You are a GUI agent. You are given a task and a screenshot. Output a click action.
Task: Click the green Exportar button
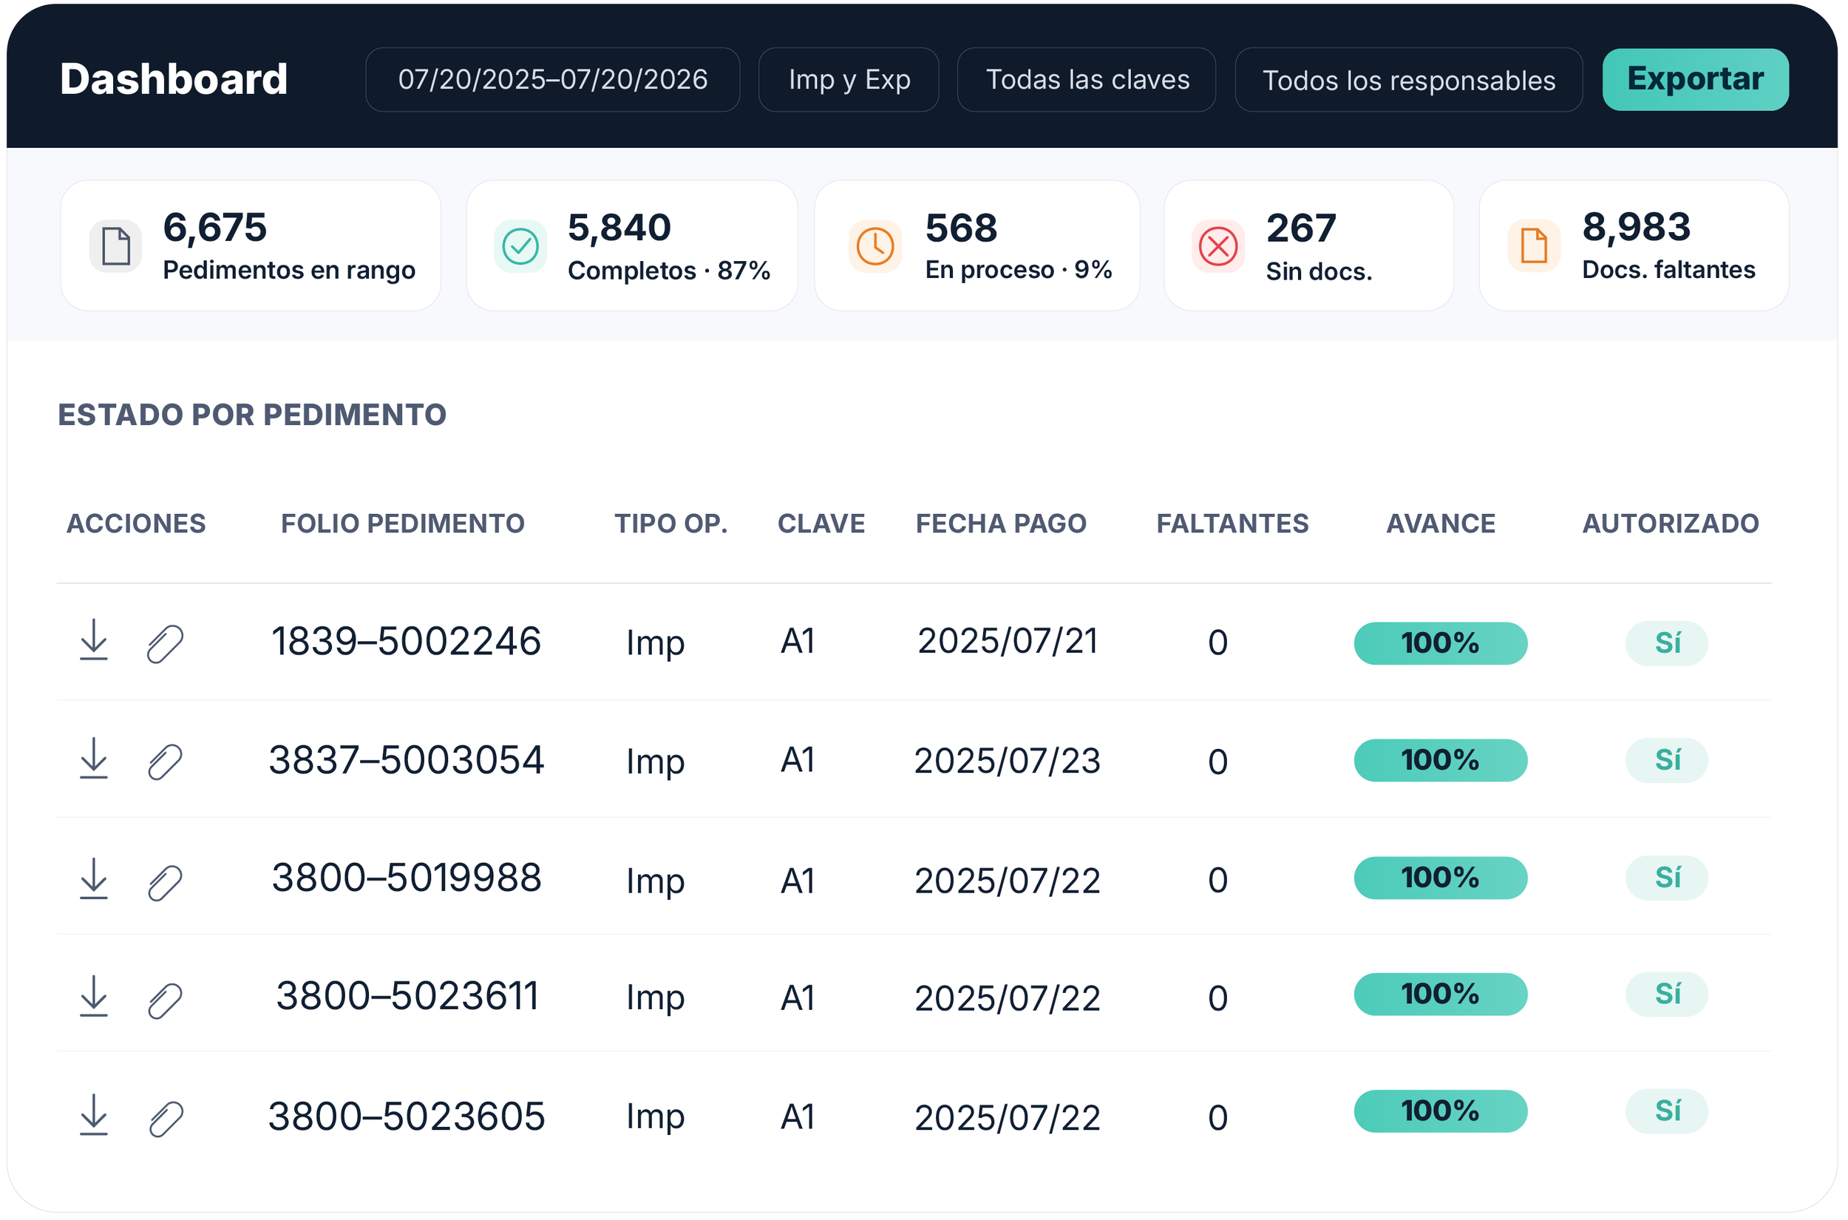pyautogui.click(x=1695, y=79)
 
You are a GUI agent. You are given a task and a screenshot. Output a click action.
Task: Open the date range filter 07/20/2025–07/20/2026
pyautogui.click(x=552, y=79)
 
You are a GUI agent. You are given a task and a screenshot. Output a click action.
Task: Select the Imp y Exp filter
pyautogui.click(x=849, y=79)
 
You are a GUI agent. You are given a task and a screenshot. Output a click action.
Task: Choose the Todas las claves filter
pyautogui.click(x=1087, y=79)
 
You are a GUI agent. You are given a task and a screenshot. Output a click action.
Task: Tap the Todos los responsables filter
pyautogui.click(x=1409, y=79)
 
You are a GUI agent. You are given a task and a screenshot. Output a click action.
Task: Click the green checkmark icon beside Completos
pyautogui.click(x=520, y=247)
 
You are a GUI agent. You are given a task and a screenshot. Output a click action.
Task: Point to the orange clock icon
pyautogui.click(x=875, y=247)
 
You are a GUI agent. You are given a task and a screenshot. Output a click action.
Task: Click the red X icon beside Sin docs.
pyautogui.click(x=1218, y=247)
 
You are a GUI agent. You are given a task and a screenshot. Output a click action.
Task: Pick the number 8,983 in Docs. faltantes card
pyautogui.click(x=1637, y=227)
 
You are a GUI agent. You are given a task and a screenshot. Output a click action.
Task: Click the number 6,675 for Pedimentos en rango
pyautogui.click(x=214, y=227)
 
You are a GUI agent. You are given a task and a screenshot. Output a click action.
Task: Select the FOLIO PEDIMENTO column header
pyautogui.click(x=403, y=523)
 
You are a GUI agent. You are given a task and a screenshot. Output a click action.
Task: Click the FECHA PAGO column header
pyautogui.click(x=1001, y=523)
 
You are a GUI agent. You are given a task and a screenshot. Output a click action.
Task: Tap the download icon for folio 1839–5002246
pyautogui.click(x=94, y=640)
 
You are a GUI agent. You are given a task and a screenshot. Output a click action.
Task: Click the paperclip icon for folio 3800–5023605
pyautogui.click(x=166, y=1119)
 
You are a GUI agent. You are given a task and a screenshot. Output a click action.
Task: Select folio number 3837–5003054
pyautogui.click(x=406, y=760)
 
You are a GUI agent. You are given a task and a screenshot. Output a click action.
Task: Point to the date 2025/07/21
pyautogui.click(x=1008, y=641)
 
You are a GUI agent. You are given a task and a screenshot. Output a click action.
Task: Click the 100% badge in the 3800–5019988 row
pyautogui.click(x=1441, y=878)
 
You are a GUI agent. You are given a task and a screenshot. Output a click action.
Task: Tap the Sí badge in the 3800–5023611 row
pyautogui.click(x=1667, y=994)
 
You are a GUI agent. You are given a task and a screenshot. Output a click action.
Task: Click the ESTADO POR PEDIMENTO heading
pyautogui.click(x=253, y=415)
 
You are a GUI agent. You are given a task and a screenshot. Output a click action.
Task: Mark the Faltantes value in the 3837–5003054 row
pyautogui.click(x=1218, y=762)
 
